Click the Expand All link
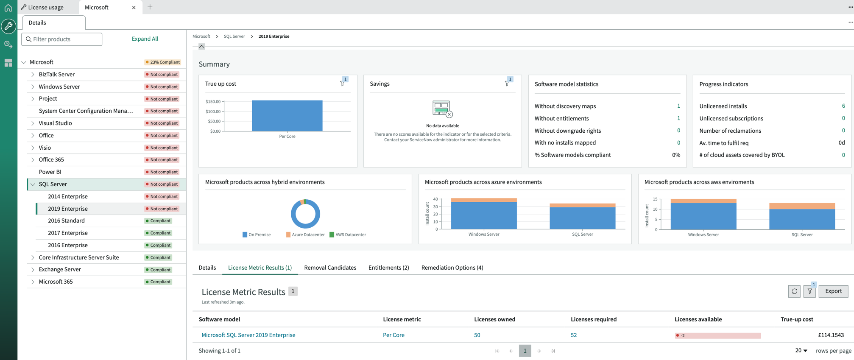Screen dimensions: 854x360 145,39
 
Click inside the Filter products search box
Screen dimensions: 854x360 62,39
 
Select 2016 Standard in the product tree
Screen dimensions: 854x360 66,220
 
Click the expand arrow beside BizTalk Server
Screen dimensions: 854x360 33,74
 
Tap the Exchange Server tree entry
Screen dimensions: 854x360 60,269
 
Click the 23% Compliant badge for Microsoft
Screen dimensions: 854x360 163,62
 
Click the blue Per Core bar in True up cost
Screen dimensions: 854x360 287,116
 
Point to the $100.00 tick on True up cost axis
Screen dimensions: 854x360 213,112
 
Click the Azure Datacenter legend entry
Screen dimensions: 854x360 305,234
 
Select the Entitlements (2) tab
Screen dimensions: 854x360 388,268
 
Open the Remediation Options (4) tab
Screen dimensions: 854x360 452,268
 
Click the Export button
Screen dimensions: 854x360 833,291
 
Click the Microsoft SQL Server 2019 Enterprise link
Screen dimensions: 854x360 248,335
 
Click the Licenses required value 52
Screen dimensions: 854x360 574,335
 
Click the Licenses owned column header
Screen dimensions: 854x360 494,319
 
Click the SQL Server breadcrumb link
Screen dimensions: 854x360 234,36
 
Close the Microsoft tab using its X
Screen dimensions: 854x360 134,7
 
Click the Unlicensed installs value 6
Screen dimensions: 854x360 843,106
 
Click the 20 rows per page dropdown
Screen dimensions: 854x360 801,351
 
